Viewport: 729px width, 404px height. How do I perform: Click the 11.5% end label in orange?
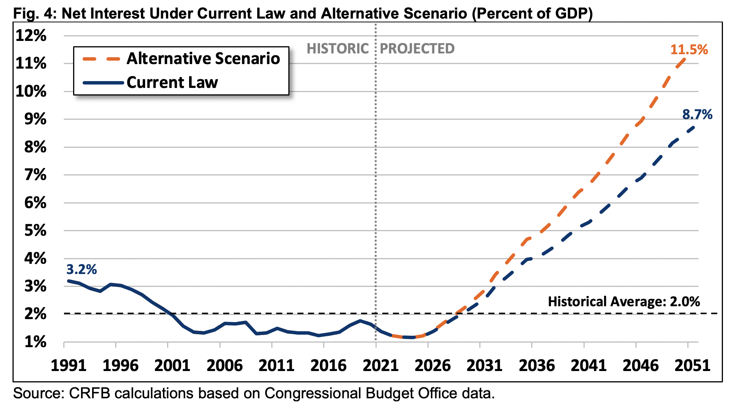[x=688, y=50]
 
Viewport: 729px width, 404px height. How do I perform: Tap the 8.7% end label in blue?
[x=697, y=114]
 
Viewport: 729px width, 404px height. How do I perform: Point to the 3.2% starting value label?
[x=81, y=269]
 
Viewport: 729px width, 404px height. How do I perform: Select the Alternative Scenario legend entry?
[x=203, y=59]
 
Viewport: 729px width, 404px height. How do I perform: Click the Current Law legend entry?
[x=172, y=83]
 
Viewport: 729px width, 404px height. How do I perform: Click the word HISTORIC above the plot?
[x=337, y=49]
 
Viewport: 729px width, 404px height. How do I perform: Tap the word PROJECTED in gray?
[x=417, y=49]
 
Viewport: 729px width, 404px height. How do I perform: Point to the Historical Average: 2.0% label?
[x=624, y=302]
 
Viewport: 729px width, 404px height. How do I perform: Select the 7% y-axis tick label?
[x=35, y=175]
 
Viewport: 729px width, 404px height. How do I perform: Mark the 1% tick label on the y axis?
[x=35, y=342]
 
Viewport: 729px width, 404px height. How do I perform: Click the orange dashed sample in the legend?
[x=101, y=59]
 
